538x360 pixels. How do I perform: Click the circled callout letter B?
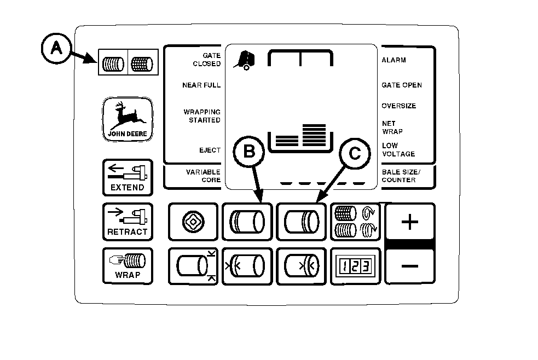(249, 152)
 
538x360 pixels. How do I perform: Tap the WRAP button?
(128, 265)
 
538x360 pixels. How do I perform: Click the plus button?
(410, 222)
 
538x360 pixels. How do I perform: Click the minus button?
(410, 266)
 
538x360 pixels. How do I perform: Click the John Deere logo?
(127, 119)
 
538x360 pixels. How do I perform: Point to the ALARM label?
(394, 60)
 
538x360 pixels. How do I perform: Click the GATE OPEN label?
(402, 85)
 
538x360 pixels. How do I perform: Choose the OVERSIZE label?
(398, 106)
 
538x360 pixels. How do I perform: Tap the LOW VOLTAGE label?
(398, 150)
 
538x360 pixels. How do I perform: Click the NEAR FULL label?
(201, 85)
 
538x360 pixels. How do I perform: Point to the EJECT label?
(210, 150)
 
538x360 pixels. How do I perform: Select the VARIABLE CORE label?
(203, 176)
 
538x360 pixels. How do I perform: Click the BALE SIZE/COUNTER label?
(398, 176)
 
